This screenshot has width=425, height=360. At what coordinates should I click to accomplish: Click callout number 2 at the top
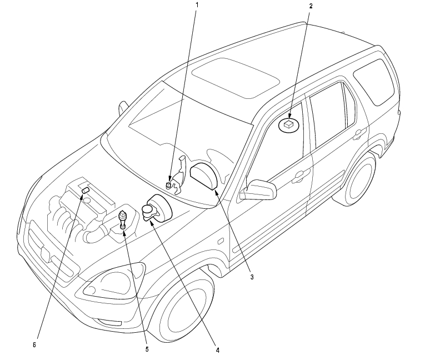(311, 6)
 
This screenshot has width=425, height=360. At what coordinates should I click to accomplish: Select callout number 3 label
(252, 276)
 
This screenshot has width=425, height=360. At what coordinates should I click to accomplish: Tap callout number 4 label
(218, 350)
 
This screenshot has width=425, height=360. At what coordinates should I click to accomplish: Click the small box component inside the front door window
(288, 125)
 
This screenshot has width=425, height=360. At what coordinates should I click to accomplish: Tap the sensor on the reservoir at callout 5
(123, 218)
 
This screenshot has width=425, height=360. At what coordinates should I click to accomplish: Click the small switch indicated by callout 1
(169, 185)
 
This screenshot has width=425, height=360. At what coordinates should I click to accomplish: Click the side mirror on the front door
(259, 190)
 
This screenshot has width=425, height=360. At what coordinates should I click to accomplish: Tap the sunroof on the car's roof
(234, 76)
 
